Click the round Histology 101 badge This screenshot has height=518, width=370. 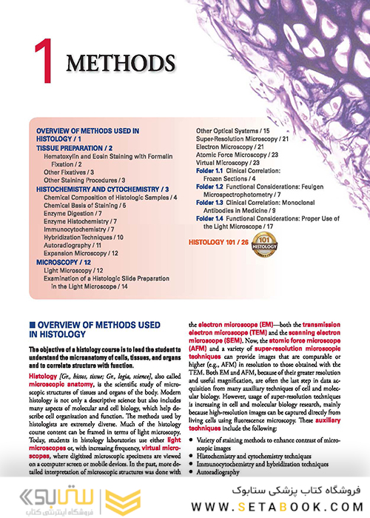[263, 245]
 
